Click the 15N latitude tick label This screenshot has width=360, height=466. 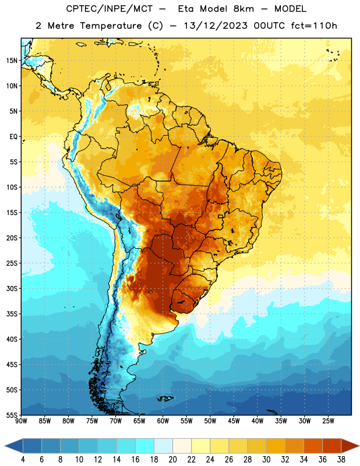12,61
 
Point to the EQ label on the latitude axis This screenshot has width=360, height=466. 13,137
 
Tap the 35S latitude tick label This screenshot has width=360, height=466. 12,314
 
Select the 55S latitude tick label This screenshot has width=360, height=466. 12,415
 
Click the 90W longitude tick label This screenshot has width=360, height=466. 21,421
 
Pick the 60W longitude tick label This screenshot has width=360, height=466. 163,421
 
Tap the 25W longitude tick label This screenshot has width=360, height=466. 328,421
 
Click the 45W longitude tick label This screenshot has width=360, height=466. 234,421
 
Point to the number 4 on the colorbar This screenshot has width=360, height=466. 23,460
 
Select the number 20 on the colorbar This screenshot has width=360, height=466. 172,460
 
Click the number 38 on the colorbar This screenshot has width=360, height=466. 341,460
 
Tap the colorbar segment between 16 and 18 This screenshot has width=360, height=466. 144,446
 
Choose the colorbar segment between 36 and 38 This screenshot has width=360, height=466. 332,446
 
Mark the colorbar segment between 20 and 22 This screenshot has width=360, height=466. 182,446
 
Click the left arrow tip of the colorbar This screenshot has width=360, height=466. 5,446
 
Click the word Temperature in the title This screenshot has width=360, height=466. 111,26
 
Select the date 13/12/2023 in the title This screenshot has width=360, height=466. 216,26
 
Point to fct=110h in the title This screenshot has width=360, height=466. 314,26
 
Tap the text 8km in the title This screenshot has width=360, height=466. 243,9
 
